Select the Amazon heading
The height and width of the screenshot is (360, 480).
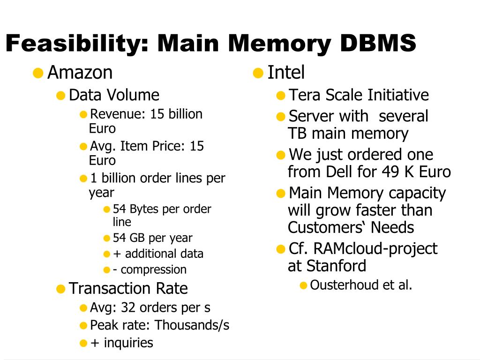coord(80,73)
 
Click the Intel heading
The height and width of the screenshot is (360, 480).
coord(286,73)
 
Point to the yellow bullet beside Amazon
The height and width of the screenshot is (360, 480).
coord(38,73)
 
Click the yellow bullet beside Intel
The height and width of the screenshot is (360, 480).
coord(258,73)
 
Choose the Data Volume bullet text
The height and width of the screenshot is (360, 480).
coord(114,95)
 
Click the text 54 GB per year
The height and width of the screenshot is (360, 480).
coord(152,238)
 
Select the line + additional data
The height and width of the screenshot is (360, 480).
coord(158,254)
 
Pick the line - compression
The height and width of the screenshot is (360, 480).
coord(150,270)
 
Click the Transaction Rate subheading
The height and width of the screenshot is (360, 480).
coord(128,288)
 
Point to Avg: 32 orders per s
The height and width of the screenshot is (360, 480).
coord(150,307)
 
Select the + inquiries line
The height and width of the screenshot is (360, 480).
coord(121,343)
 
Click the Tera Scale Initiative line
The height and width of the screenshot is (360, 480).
coord(358,95)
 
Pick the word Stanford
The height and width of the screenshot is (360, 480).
coord(336,266)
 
